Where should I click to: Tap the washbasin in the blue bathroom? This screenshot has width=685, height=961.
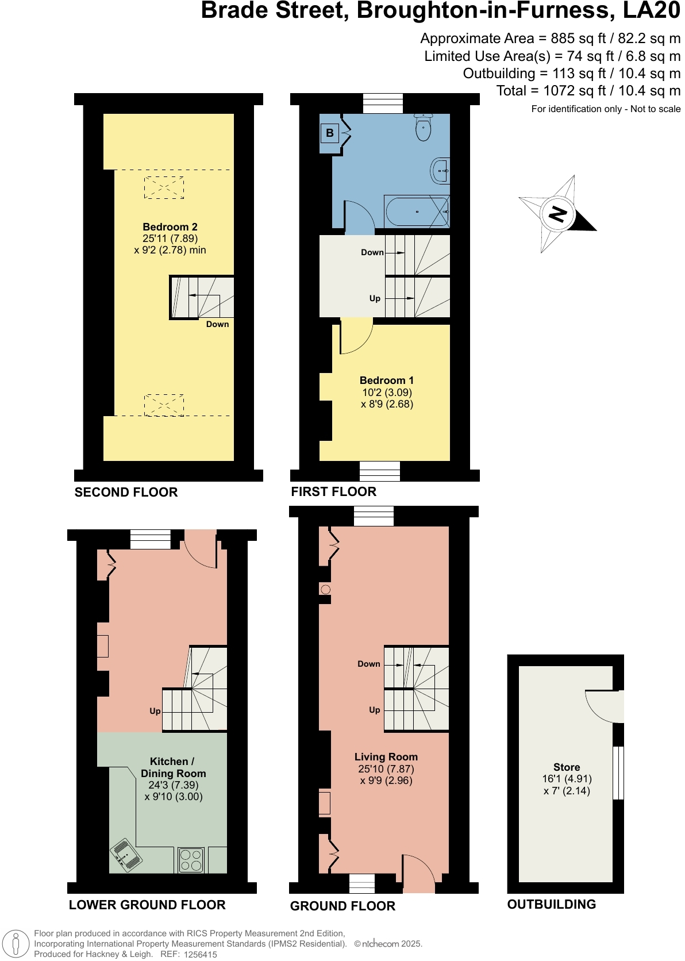441,171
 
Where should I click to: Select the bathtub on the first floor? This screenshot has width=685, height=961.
416,212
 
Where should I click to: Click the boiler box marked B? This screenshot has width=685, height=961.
330,133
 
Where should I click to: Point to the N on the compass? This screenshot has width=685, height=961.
557,214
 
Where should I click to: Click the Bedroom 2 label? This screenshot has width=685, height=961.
170,227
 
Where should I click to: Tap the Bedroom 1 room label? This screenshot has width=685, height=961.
386,380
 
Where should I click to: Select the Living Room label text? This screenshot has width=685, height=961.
386,757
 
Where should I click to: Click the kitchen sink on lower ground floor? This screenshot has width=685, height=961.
126,855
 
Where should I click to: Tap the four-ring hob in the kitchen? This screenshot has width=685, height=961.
191,860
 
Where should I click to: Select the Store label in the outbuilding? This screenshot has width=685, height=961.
566,767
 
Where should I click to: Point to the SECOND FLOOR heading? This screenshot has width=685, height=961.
126,493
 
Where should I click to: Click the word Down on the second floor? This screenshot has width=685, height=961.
217,324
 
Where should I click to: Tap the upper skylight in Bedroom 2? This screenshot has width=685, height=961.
164,188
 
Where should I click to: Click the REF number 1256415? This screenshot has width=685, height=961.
200,954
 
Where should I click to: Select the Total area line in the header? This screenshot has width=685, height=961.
588,91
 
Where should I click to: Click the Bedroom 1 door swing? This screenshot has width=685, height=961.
356,339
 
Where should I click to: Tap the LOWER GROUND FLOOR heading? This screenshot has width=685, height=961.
147,905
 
